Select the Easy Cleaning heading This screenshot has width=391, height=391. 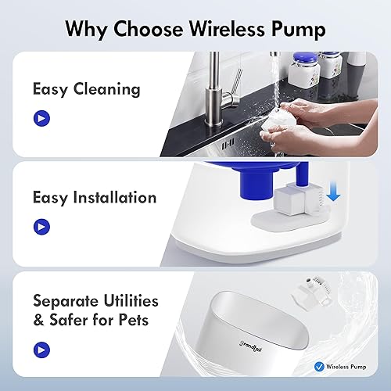tap(86, 88)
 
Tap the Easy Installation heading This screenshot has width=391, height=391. tap(95, 197)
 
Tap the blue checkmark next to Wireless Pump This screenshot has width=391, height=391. tap(296, 364)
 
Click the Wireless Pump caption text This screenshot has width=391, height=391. tap(333, 364)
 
